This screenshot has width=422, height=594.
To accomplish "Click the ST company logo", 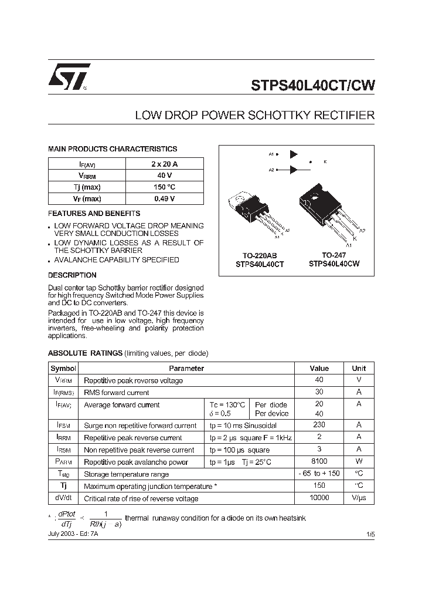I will pyautogui.click(x=69, y=76).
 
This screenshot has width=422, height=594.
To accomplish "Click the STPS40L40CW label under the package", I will pyautogui.click(x=333, y=264).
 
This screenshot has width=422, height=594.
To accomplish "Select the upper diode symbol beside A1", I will pyautogui.click(x=294, y=154).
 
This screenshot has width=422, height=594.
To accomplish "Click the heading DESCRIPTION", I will pyautogui.click(x=72, y=275).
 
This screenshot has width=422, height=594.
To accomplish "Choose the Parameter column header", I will pyautogui.click(x=186, y=369).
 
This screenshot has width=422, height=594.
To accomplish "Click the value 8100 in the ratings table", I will pyautogui.click(x=319, y=462).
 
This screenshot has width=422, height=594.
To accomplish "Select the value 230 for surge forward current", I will pyautogui.click(x=319, y=425).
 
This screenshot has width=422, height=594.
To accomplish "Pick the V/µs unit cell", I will pyautogui.click(x=359, y=498).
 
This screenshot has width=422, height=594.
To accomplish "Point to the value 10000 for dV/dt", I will pyautogui.click(x=319, y=498).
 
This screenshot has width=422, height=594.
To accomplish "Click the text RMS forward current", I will pyautogui.click(x=117, y=393).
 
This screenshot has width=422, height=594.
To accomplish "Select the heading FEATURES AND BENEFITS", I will pyautogui.click(x=94, y=214).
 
